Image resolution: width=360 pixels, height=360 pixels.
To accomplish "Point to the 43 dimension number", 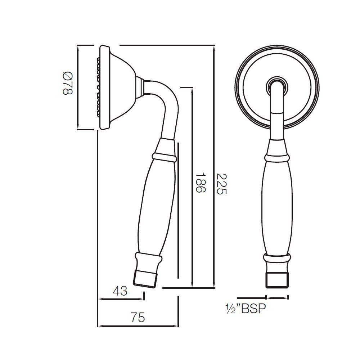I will coord(120,291).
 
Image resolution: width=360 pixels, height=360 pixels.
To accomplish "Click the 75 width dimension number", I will coord(138,318).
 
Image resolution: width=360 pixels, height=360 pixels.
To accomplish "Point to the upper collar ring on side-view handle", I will coord(164,158).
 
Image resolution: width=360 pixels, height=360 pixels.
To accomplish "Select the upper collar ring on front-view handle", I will coord(277,158).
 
